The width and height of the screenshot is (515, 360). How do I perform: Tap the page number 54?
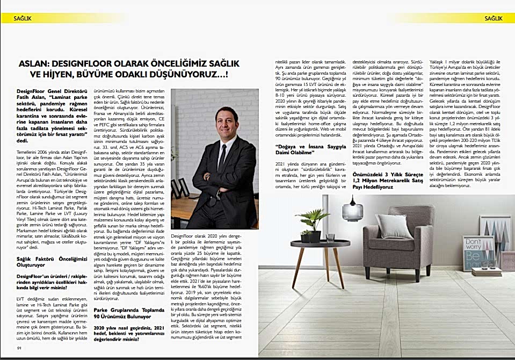[x=18, y=348]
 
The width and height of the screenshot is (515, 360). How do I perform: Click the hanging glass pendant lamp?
[x=352, y=210]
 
